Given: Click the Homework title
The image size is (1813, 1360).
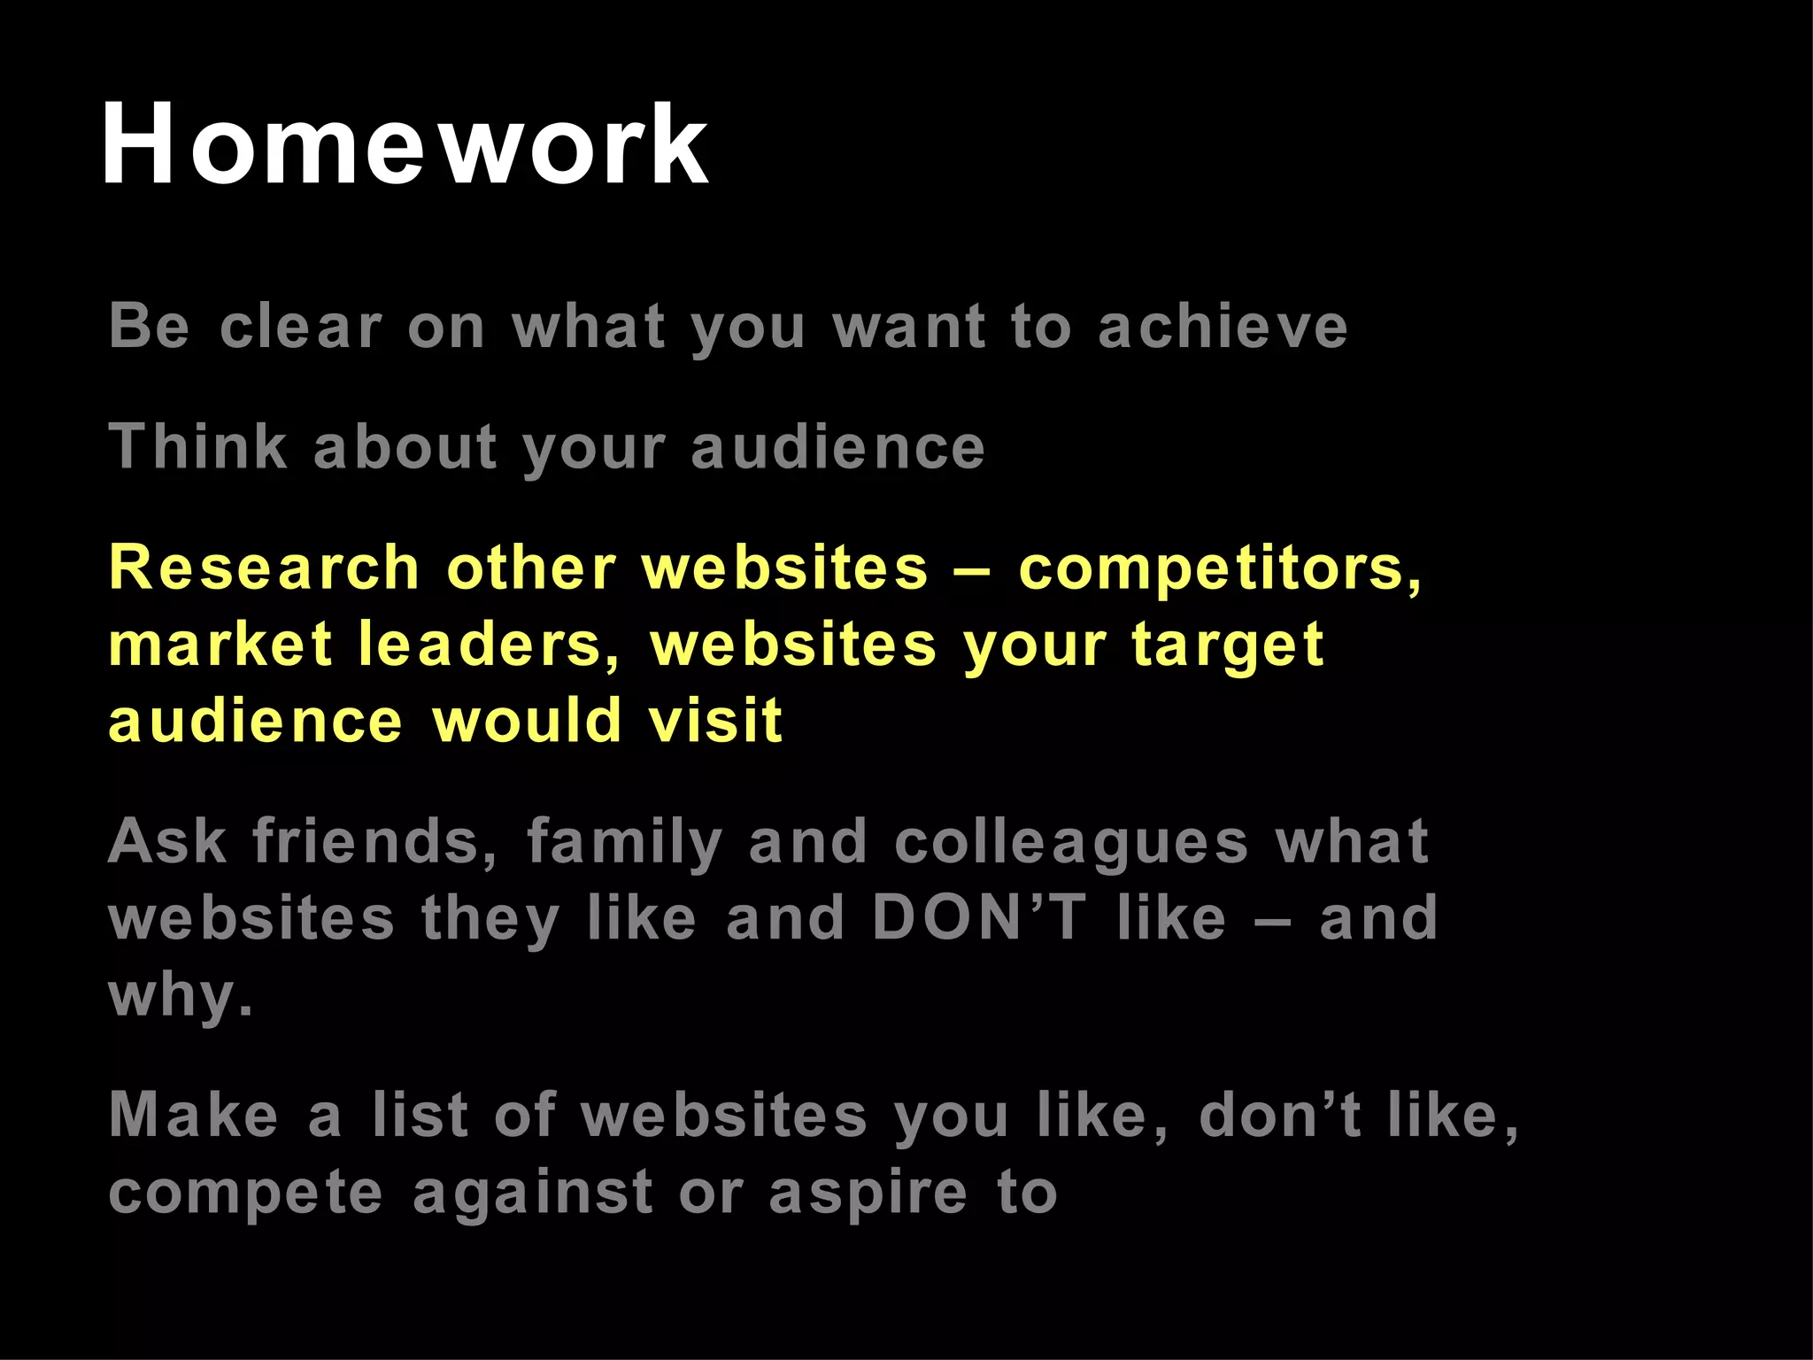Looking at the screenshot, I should tap(405, 144).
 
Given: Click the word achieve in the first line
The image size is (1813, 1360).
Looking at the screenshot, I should tap(1223, 327).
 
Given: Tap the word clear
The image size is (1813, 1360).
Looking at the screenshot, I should tap(301, 327).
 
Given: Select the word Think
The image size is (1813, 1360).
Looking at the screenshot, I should tap(198, 446).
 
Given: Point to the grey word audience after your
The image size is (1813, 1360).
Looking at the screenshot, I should tap(837, 446).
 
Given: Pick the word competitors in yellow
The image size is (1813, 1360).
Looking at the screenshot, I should tap(1219, 568).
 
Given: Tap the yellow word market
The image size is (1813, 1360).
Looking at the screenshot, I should tap(220, 644).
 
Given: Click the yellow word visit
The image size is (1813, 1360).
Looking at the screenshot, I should tap(715, 720).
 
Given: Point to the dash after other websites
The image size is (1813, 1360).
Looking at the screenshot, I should tap(974, 569).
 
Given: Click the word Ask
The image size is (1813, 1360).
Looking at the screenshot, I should tap(167, 841).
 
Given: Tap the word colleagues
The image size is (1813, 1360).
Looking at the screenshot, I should tap(1071, 843).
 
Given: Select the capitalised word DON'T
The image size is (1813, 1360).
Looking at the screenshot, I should tap(978, 917).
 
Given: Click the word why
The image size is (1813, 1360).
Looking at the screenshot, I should tap(181, 996).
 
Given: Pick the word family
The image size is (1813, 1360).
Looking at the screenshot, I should tap(625, 843).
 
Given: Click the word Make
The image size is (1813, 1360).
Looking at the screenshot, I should tap(194, 1115).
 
